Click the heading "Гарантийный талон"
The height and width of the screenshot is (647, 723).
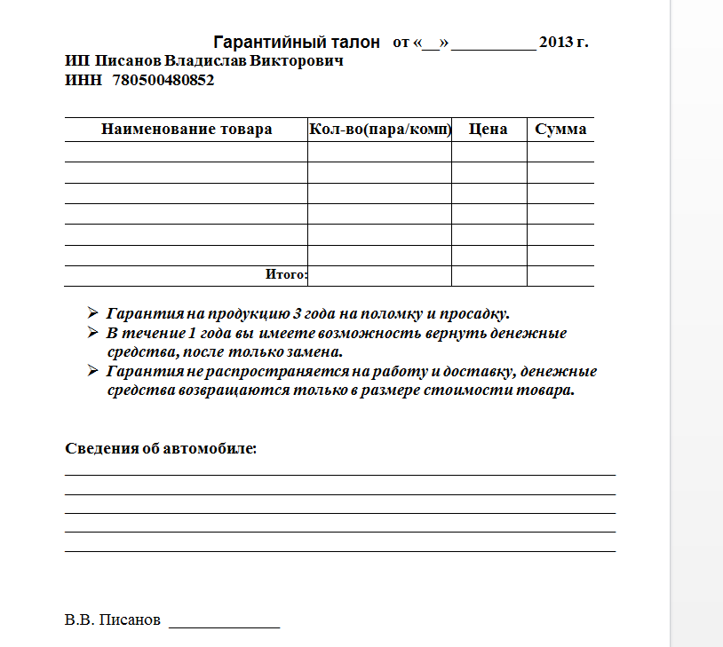[x=297, y=43]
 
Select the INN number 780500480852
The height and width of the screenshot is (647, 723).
[x=163, y=80]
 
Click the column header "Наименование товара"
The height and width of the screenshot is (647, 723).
[x=187, y=130]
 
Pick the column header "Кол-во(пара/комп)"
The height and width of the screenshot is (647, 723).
[x=379, y=130]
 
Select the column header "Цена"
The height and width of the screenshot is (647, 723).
[x=488, y=130]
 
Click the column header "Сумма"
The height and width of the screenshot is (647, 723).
[x=560, y=130]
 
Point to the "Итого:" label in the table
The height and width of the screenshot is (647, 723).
[x=286, y=275]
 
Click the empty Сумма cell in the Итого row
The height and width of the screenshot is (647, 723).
[x=560, y=276]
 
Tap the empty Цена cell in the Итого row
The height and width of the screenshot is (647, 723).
[x=489, y=276]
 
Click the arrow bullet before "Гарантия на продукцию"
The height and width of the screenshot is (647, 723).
[x=92, y=313]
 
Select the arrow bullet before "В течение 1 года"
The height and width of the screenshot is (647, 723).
[x=92, y=333]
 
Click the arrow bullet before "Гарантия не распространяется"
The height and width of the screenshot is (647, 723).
[x=92, y=371]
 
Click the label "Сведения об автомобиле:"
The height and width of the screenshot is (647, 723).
[x=161, y=448]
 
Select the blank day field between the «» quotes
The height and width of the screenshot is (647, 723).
[x=431, y=43]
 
